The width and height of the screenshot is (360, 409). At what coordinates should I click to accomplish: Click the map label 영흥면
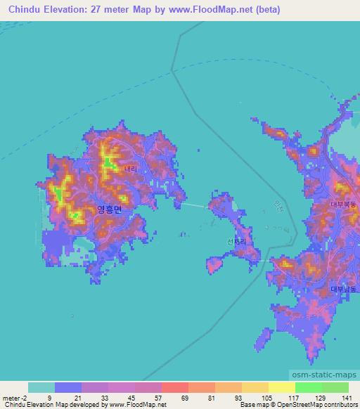click(109, 209)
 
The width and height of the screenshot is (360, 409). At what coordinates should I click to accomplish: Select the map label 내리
click(131, 169)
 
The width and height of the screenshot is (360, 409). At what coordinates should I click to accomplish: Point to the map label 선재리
click(236, 243)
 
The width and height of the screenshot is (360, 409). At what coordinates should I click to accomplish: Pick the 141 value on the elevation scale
click(347, 397)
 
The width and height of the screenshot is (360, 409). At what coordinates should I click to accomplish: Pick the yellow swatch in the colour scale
click(282, 387)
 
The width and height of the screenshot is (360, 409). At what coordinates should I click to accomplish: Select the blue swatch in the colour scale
click(68, 387)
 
